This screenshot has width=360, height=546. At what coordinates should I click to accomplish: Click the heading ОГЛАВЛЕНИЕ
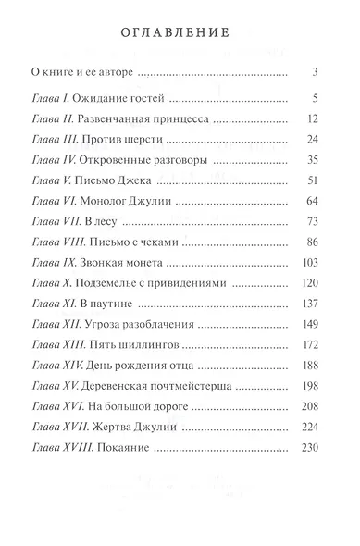180,34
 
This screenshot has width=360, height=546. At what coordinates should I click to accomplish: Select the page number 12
313,119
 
